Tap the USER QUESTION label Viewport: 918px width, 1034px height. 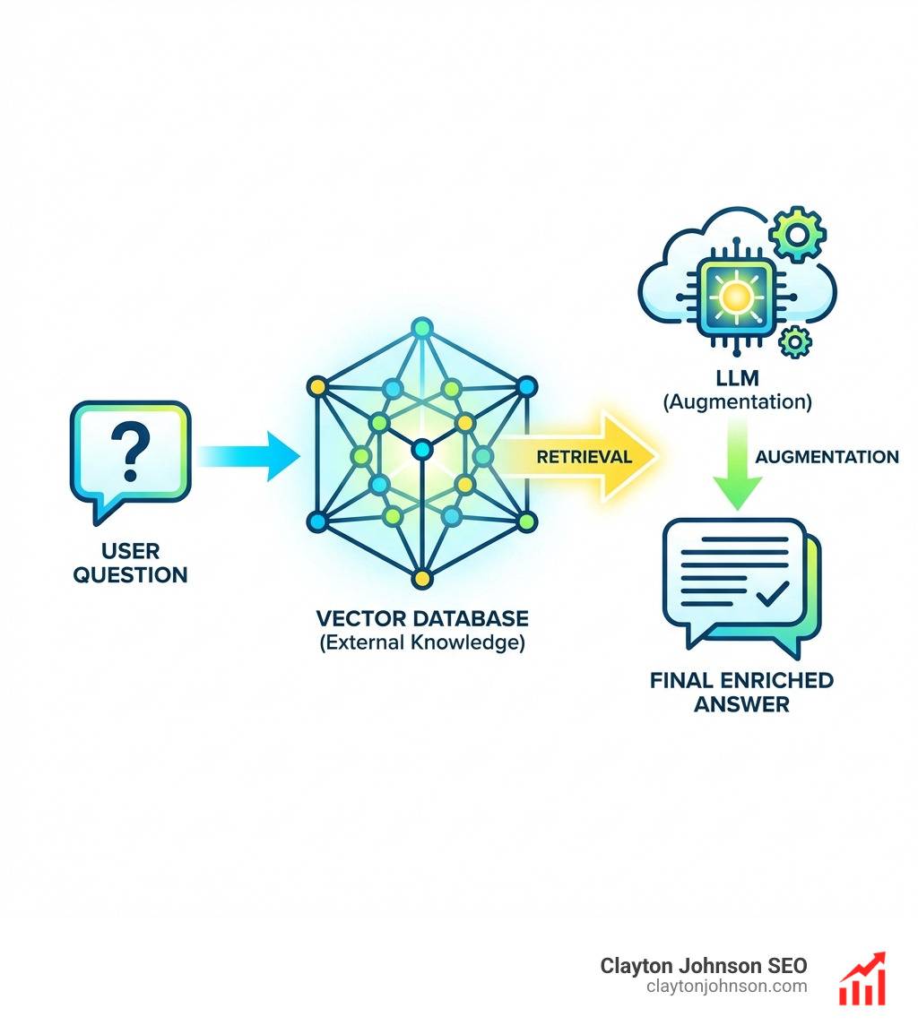tap(131, 563)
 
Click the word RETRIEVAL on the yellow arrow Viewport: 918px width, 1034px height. tap(584, 457)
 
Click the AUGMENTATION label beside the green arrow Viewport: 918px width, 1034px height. tap(827, 457)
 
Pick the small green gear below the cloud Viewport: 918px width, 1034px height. tap(793, 341)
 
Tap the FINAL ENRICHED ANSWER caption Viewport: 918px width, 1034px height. tap(741, 692)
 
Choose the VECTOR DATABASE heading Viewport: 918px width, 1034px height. tap(422, 618)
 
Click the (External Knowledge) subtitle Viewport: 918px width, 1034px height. tap(422, 642)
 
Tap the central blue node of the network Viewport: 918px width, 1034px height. tap(420, 447)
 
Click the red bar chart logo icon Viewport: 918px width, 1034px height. tap(862, 979)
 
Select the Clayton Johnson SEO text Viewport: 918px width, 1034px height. tap(703, 966)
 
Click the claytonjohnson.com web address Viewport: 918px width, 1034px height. tap(726, 987)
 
